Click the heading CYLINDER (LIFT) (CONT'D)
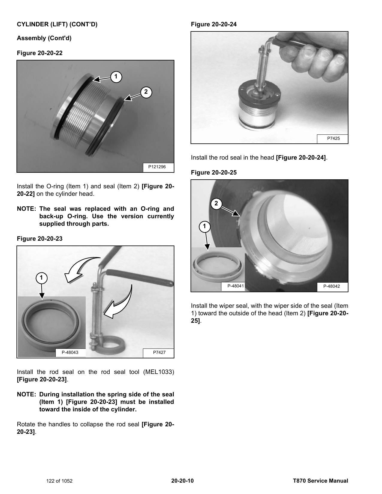point(57,24)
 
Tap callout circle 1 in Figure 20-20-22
point(116,77)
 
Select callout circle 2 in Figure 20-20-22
point(146,92)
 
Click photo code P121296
point(157,167)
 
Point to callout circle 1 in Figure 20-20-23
point(41,278)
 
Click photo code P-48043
point(70,352)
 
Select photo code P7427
point(159,352)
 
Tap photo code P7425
point(333,138)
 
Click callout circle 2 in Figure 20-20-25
point(216,204)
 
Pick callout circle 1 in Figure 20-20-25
point(204,226)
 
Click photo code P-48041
point(236,286)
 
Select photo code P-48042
point(331,286)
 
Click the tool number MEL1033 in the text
point(159,372)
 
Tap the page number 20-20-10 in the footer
point(182,481)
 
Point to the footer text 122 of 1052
point(59,481)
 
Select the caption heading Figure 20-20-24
point(214,24)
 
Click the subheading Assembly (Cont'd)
point(44,38)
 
